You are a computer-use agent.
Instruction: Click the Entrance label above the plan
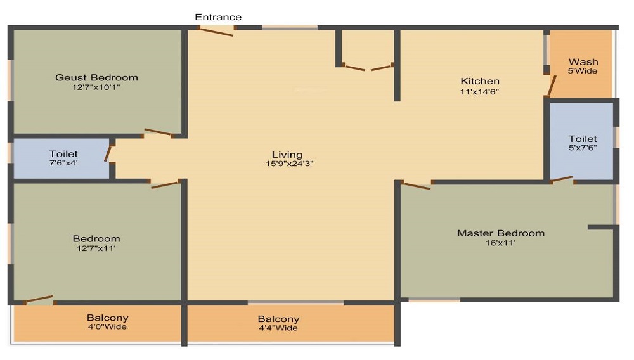coord(218,17)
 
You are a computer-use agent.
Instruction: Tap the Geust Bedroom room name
coord(96,77)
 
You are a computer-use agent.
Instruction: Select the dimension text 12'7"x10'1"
coord(96,87)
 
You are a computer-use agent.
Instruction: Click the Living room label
coord(287,155)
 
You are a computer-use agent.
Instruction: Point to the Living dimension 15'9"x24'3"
coord(290,164)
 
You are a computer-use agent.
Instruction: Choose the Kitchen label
coord(480,81)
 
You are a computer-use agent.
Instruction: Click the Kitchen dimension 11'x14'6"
coord(479,92)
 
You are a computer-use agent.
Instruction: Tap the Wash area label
coord(583,62)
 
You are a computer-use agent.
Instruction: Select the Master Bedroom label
coord(501,233)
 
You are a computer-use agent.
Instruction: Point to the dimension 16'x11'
coord(501,243)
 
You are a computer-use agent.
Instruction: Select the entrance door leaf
coord(216,31)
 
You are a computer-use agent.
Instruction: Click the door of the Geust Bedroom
coord(158,132)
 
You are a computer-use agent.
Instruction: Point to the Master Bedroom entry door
coord(417,186)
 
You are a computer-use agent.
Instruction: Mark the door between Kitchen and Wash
coord(552,86)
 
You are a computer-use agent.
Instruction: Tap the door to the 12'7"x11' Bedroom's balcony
coord(39,299)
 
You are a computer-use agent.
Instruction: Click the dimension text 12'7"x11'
coord(96,248)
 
